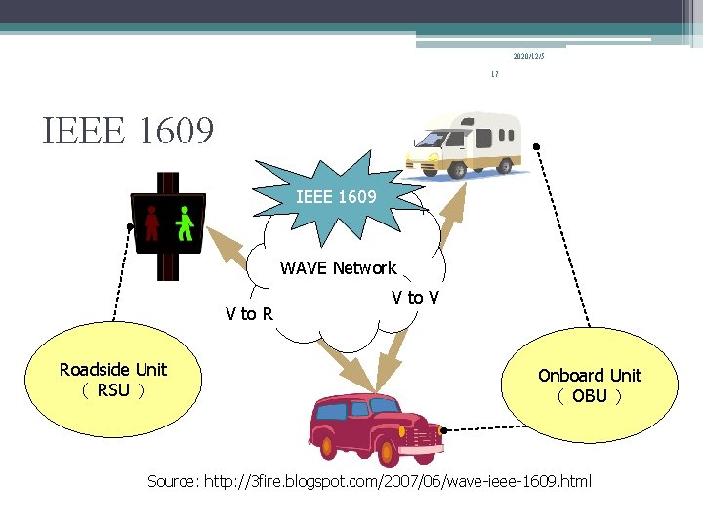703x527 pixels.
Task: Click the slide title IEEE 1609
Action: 128,130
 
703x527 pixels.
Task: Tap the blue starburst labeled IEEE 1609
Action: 335,196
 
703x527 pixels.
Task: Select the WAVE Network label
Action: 338,267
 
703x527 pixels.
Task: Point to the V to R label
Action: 248,313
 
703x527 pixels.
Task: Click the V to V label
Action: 415,297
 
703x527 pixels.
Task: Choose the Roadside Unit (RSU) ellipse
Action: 113,381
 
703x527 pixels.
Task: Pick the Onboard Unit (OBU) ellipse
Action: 589,385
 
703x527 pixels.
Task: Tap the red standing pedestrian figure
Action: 152,223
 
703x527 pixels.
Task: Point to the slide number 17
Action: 495,75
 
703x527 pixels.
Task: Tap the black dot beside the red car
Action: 442,430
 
